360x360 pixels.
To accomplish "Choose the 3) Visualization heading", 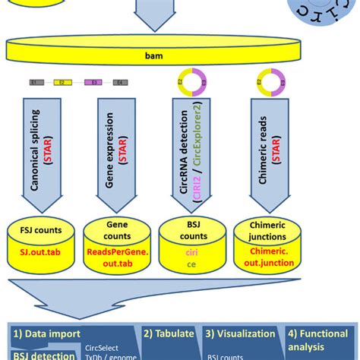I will (240, 333).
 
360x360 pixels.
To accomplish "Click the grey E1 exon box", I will (33, 81).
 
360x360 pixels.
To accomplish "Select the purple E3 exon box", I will (90, 81).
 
